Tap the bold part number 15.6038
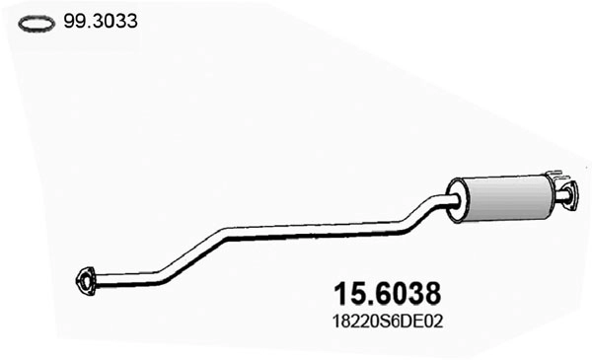point(383,294)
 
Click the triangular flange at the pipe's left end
point(87,280)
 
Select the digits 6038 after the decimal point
point(405,294)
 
